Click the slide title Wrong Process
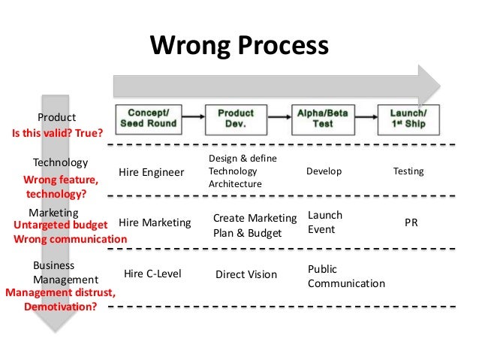pos(239,46)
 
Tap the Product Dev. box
pos(236,118)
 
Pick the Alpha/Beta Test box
pos(323,118)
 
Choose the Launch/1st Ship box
pos(410,118)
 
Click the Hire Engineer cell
pos(152,172)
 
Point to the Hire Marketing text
pos(155,222)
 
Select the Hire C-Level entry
pos(152,274)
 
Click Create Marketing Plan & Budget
pos(255,225)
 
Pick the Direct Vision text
pos(246,274)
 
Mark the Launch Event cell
pos(325,222)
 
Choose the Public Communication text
pos(346,277)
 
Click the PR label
pos(411,223)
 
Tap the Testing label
pos(408,171)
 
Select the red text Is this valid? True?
pos(57,135)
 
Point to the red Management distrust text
pos(60,293)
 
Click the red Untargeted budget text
pos(61,225)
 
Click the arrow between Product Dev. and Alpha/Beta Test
pos(279,118)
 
